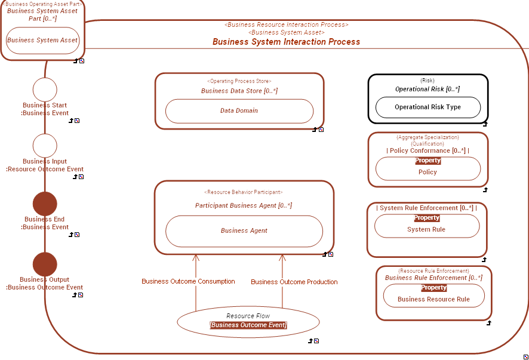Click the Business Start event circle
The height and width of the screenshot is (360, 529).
tap(45, 90)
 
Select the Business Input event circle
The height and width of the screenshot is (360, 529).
tap(45, 146)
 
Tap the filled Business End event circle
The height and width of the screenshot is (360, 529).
tap(45, 204)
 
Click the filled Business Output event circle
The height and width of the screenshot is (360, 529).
tap(45, 264)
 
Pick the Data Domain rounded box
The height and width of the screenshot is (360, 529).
tap(239, 111)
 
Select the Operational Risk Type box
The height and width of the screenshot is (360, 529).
tap(427, 107)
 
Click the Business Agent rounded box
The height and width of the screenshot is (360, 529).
tap(244, 231)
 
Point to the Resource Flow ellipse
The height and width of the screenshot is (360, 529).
tap(248, 321)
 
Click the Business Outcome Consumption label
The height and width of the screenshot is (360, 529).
tap(188, 281)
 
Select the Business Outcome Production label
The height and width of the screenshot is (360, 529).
tap(294, 282)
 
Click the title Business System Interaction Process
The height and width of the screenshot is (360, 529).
tap(286, 42)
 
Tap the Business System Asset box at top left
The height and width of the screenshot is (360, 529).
tap(42, 41)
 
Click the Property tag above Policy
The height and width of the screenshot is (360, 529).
tap(427, 161)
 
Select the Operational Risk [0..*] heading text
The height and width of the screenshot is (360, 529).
tap(427, 89)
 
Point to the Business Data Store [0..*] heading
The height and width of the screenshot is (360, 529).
tap(239, 91)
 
